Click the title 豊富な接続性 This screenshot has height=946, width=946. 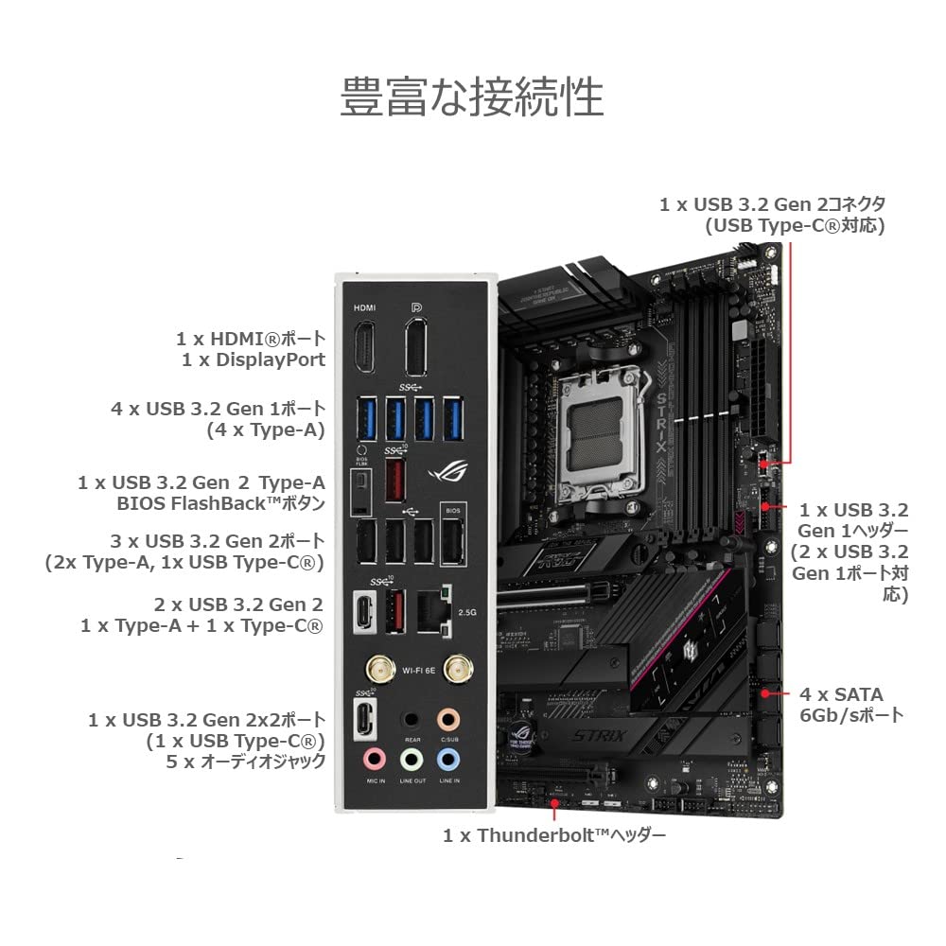(x=471, y=98)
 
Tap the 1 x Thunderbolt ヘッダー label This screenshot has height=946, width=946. (x=554, y=835)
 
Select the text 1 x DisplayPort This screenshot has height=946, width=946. (x=254, y=359)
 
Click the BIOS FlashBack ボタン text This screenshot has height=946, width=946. (x=220, y=502)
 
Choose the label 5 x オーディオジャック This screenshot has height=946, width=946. (x=245, y=761)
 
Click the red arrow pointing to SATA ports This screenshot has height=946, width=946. (x=780, y=693)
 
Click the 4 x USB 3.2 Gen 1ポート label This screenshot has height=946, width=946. (x=218, y=410)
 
